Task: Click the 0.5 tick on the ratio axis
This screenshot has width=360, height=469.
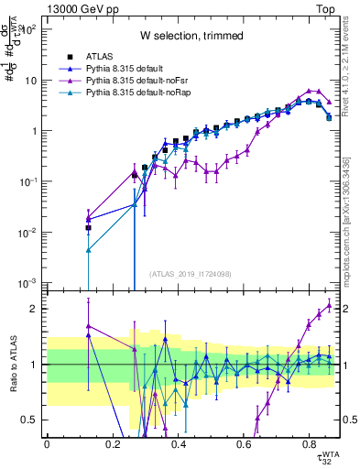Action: tap(36, 420)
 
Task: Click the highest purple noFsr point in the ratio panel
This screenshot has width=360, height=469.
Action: tap(330, 305)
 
